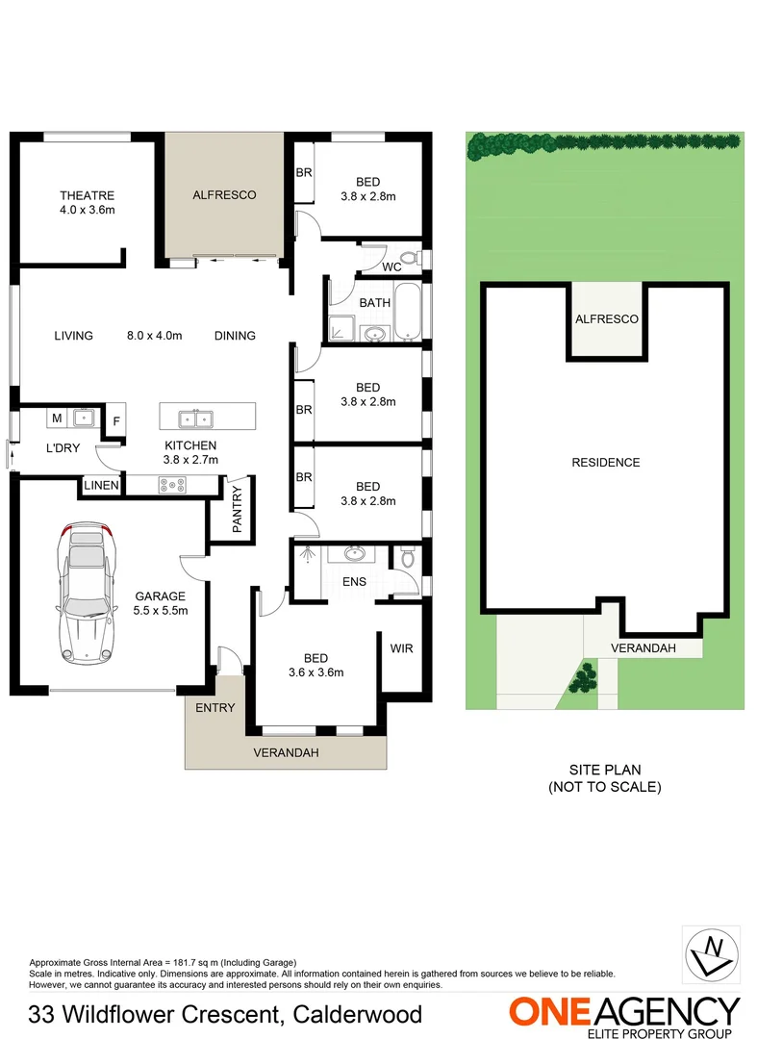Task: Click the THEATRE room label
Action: [87, 195]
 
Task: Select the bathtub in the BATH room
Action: [407, 312]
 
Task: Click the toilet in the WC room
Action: [410, 258]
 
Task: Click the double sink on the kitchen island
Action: [194, 418]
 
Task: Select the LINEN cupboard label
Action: [101, 486]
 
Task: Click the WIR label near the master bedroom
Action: [401, 648]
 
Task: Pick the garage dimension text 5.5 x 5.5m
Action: [161, 610]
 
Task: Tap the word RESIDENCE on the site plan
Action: [605, 463]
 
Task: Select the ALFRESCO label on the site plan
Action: [605, 319]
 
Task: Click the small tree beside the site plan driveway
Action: [581, 679]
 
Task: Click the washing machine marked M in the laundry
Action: [57, 418]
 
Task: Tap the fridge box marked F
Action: [116, 420]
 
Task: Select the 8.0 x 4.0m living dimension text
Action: [154, 336]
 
